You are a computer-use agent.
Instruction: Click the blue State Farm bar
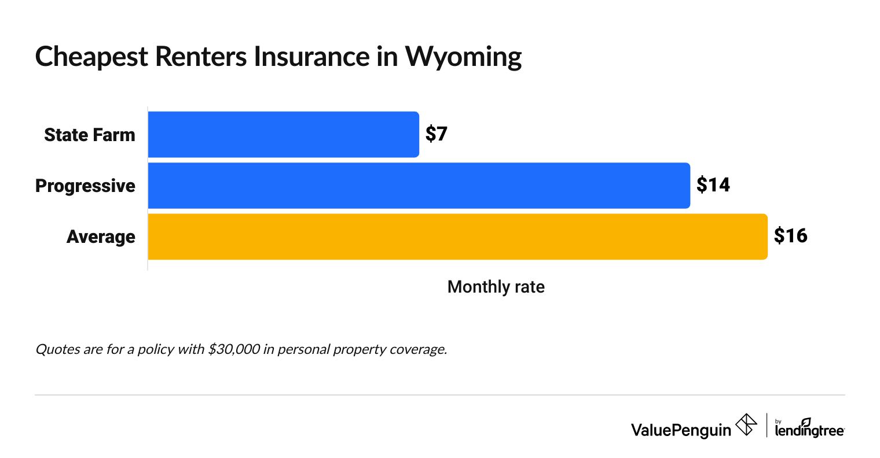coord(283,134)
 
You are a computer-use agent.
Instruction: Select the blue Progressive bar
coord(419,186)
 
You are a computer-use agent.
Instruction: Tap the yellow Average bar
coord(457,237)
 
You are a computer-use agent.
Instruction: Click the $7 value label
coord(437,134)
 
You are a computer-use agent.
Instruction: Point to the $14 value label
coord(713,185)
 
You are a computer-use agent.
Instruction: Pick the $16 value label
coord(790,236)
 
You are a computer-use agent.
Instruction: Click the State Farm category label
coord(90,135)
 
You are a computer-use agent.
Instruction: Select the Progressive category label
coord(85,186)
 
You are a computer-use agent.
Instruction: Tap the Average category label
coord(101,237)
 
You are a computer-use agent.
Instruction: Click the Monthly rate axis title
coord(496,287)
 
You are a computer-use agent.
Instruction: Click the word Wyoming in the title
coord(463,57)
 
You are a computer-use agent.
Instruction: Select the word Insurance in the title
coord(310,57)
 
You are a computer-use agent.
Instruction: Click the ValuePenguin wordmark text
coord(681,430)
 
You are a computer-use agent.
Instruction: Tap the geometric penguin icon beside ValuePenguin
coord(746,425)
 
